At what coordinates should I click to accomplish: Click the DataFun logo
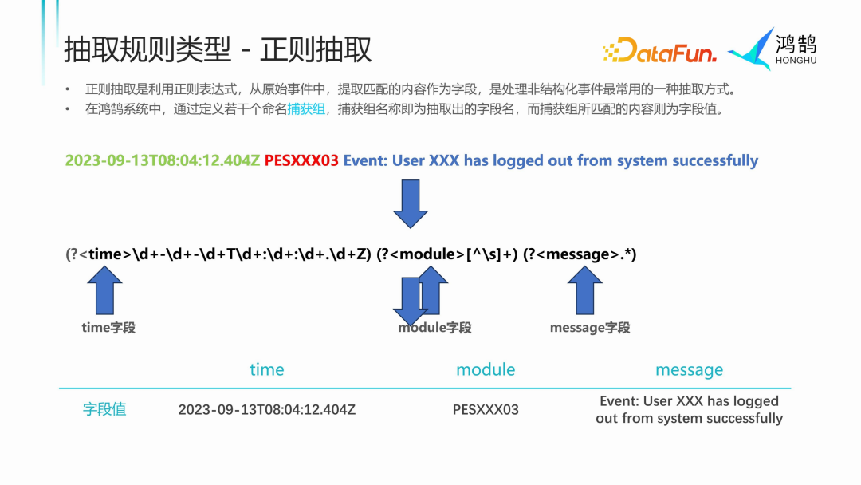pos(660,51)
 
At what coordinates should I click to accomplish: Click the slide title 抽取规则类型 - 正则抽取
pos(218,49)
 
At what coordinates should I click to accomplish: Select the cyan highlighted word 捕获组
pos(306,109)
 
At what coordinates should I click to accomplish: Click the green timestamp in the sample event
pos(163,160)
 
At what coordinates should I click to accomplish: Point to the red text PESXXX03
pos(301,160)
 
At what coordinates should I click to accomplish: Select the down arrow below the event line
pos(411,203)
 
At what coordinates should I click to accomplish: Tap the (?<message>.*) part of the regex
pos(580,254)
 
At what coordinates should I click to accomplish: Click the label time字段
pos(108,327)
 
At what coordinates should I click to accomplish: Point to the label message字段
pos(590,328)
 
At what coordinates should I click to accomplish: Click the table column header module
pos(486,369)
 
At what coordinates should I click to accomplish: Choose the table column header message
pos(689,369)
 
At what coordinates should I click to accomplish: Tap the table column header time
pos(266,369)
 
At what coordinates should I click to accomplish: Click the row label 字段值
pos(104,409)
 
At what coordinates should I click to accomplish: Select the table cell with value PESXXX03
pos(486,410)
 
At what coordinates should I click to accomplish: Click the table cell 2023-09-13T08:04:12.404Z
pos(266,410)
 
